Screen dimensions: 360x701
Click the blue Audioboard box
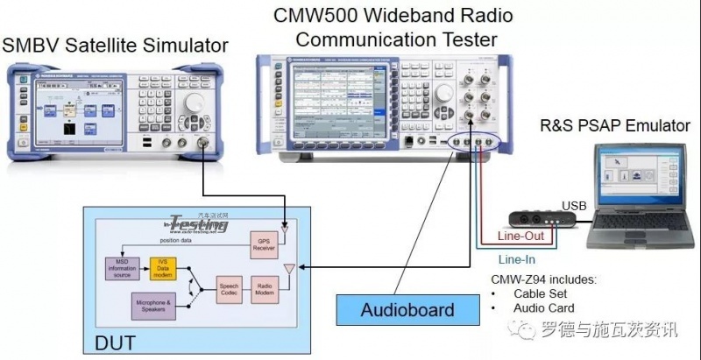point(408,310)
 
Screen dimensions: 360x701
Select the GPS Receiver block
point(264,245)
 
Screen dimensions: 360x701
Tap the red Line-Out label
point(520,236)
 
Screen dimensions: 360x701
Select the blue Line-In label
point(516,259)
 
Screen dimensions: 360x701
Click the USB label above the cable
point(575,205)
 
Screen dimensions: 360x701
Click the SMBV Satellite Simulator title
point(115,45)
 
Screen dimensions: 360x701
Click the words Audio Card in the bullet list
point(545,307)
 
